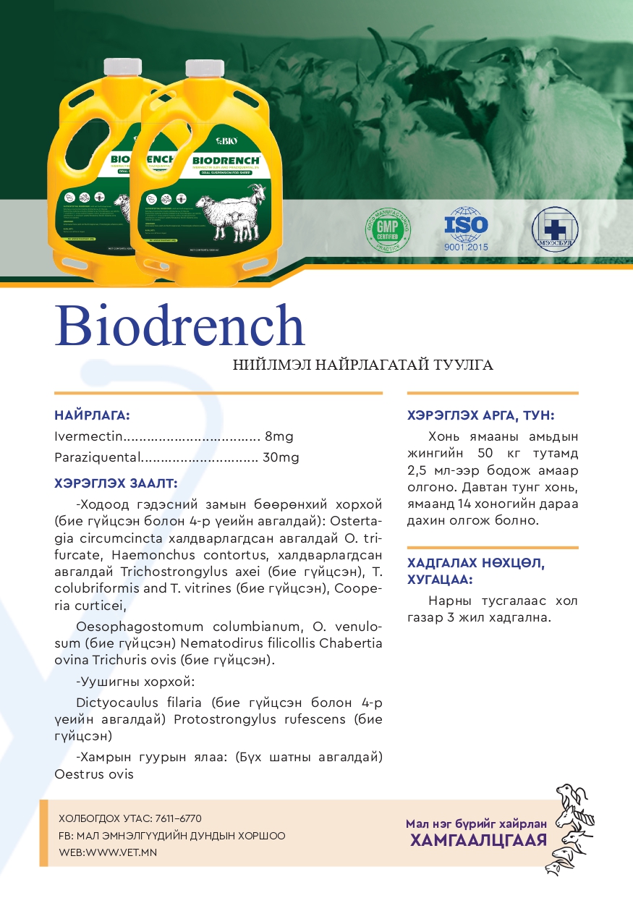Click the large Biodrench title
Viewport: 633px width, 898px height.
[179, 326]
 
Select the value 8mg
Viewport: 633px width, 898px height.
[279, 437]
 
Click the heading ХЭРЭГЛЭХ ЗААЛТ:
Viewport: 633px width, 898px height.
[116, 483]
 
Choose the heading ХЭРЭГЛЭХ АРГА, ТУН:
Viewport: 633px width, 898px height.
[481, 415]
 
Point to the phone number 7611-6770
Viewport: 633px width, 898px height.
[178, 818]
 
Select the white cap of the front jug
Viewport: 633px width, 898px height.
[204, 69]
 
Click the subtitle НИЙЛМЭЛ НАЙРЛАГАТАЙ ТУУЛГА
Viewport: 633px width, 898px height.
[362, 365]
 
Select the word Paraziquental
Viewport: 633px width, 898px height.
[95, 458]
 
